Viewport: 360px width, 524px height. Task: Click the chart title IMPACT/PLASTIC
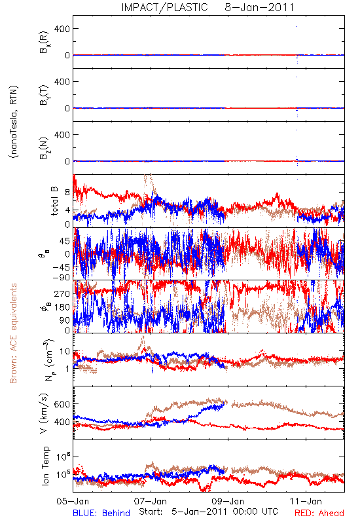(164, 7)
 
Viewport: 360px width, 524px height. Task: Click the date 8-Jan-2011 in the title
(259, 7)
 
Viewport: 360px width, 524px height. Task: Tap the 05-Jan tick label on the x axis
(73, 501)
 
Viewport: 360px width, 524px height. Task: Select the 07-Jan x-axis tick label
(151, 501)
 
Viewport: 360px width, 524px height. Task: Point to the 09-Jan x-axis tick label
(228, 501)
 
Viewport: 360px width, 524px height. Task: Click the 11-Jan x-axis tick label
(306, 501)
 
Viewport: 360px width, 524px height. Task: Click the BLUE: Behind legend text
(101, 513)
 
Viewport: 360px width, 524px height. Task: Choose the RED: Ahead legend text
(319, 513)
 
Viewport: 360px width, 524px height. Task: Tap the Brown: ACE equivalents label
(13, 333)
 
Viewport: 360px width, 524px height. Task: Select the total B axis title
(54, 201)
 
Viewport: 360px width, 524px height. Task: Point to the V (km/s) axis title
(44, 413)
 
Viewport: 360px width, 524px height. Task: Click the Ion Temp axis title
(45, 466)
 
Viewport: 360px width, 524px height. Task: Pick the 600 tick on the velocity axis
(62, 404)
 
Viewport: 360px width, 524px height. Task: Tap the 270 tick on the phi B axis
(62, 293)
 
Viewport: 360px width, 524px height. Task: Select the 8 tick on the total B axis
(68, 193)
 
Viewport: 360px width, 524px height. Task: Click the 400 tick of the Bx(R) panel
(62, 29)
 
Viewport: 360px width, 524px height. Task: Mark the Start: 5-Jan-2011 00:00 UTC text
(208, 512)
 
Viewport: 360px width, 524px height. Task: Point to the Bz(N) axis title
(44, 148)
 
